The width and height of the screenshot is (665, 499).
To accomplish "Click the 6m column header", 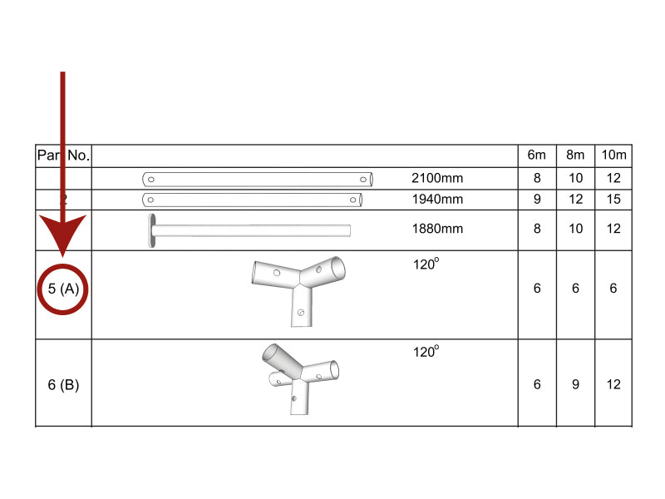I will coord(537,156).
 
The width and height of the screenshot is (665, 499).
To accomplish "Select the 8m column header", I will coord(576,156).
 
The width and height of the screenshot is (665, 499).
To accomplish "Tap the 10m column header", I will coord(614,156).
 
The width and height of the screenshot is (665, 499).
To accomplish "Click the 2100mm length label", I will coord(437,178).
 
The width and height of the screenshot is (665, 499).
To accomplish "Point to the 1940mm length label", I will coord(437,200).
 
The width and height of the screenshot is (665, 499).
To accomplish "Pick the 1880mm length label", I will coord(437,230).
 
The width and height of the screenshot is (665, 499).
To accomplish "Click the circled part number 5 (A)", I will coord(63,289).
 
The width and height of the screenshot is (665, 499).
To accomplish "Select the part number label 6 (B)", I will coord(63,384).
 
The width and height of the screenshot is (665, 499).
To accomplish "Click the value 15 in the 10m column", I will coord(614,200).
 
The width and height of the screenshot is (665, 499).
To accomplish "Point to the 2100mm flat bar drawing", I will coord(258,179).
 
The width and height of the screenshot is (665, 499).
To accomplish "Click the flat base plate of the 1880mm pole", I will coord(152,230).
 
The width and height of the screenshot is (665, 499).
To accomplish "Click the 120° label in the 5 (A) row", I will coord(426,264).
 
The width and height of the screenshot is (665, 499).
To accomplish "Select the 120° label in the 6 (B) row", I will coord(426,352).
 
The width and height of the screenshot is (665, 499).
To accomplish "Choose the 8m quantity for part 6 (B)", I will coord(576,384).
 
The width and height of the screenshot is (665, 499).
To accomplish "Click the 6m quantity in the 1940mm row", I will coord(537,200).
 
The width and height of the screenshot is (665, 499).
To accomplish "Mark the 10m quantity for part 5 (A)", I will coord(614,289).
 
